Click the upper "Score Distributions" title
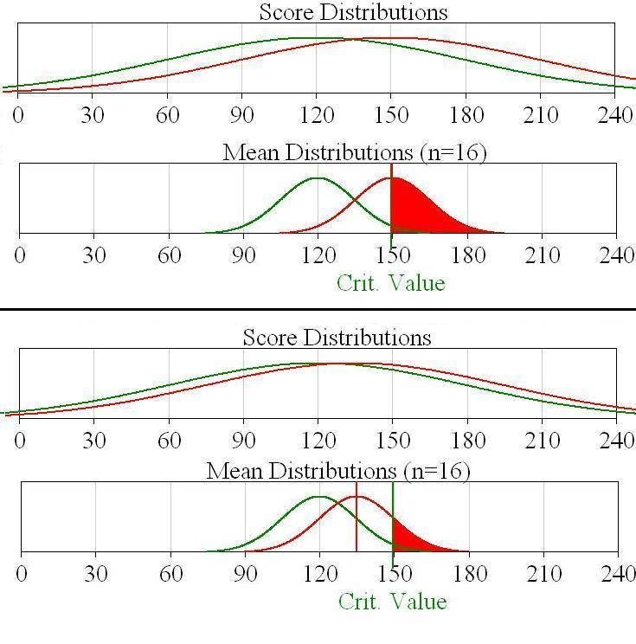click(353, 12)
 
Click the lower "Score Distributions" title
click(337, 337)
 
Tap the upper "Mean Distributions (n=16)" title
click(355, 153)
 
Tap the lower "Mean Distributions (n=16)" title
click(338, 472)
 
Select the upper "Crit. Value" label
click(390, 283)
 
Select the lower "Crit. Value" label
click(392, 602)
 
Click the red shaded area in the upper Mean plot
click(415, 212)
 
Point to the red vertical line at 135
click(356, 519)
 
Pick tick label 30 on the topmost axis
click(93, 114)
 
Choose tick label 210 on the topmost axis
click(541, 114)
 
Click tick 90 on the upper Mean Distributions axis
click(243, 255)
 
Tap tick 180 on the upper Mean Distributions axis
click(466, 255)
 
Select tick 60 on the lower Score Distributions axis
click(169, 440)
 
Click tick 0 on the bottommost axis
click(21, 574)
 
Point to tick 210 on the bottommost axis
click(543, 574)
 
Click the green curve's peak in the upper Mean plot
click(318, 178)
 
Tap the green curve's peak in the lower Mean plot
click(318, 497)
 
